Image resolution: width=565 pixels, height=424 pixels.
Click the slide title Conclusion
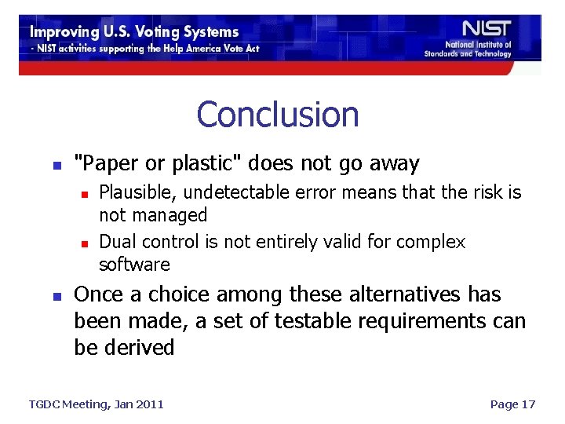click(278, 115)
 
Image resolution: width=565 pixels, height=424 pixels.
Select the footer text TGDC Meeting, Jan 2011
click(97, 404)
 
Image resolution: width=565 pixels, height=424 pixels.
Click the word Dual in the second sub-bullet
click(116, 243)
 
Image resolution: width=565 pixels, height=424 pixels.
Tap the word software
click(134, 265)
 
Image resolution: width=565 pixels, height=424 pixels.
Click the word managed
click(170, 215)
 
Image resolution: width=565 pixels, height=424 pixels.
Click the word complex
click(430, 243)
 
